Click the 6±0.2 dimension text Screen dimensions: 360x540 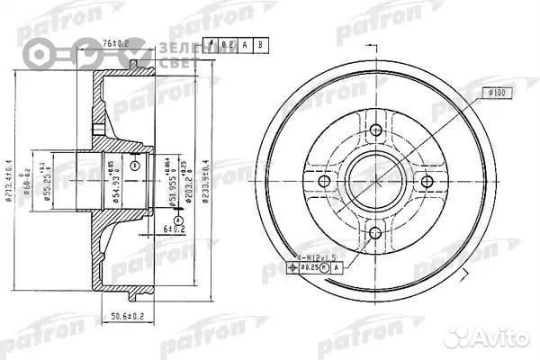click(x=173, y=229)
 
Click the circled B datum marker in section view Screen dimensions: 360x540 click(x=135, y=166)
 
